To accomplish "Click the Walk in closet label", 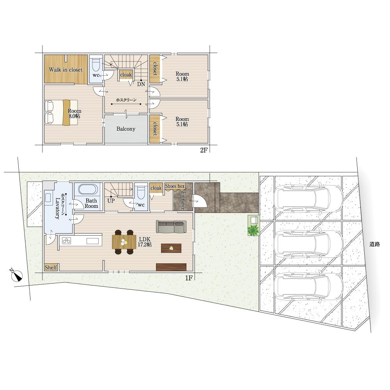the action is pos(66,70).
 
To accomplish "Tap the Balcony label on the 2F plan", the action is pos(126,129).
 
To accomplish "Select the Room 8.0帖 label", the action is pos(74,113).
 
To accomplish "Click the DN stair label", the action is pos(141,84).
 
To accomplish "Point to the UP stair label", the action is pos(111,200).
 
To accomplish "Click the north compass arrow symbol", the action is pos(16,275).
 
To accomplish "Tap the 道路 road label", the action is pos(374,244).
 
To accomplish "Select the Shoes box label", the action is pos(175,186).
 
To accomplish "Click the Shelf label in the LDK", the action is pos(51,268).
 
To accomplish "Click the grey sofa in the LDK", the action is pos(171,227).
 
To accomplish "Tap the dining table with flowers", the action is pos(124,242).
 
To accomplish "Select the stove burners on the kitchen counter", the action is pos(66,241).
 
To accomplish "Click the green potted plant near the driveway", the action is pos(253,230).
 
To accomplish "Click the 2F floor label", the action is pos(204,150).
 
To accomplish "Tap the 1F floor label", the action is pos(189,278).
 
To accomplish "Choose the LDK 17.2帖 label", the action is pos(145,242).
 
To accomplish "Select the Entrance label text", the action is pos(183,200).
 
